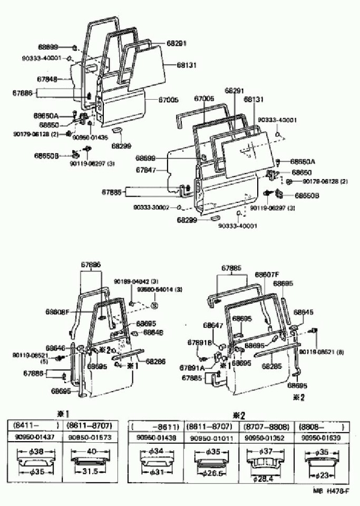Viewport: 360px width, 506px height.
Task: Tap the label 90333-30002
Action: pos(151,207)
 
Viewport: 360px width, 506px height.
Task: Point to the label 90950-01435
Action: pos(90,137)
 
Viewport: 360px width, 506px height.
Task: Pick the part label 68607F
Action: pos(267,274)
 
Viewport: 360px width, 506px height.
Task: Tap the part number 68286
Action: pos(156,361)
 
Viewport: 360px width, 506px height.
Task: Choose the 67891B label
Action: pos(200,343)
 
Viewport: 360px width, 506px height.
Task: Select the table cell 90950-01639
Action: pos(321,438)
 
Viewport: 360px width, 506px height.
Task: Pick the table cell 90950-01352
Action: pos(264,438)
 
